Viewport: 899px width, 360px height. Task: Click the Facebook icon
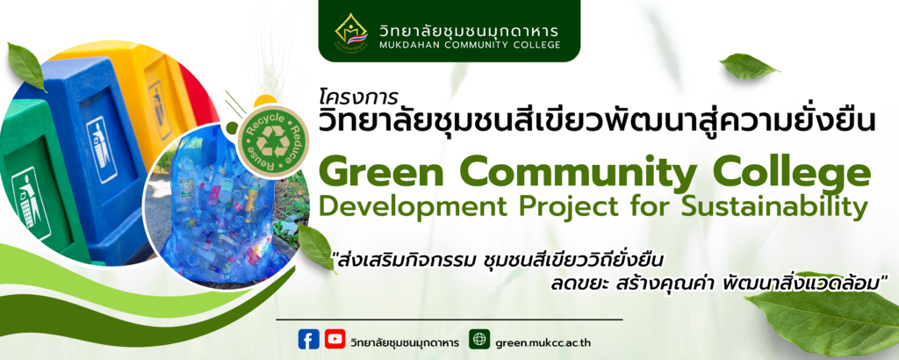[x=308, y=339]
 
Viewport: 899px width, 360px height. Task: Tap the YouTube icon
[x=334, y=339]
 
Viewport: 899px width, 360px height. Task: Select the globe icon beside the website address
[x=479, y=339]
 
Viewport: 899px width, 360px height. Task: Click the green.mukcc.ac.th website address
[x=543, y=342]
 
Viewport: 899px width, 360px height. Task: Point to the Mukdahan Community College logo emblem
[x=351, y=33]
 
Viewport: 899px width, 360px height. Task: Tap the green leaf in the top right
[x=748, y=66]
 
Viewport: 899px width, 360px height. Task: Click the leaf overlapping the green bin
[x=25, y=67]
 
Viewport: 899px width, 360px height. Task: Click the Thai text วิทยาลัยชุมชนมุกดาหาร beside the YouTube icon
[x=404, y=342]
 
